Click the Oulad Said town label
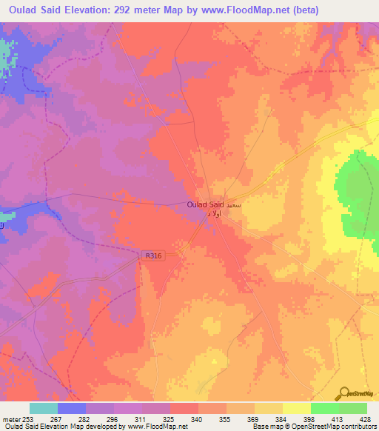tap(206, 204)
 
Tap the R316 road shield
tap(153, 255)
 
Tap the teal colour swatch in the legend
tap(44, 408)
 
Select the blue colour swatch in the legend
tap(72, 408)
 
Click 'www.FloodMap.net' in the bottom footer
tap(155, 427)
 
